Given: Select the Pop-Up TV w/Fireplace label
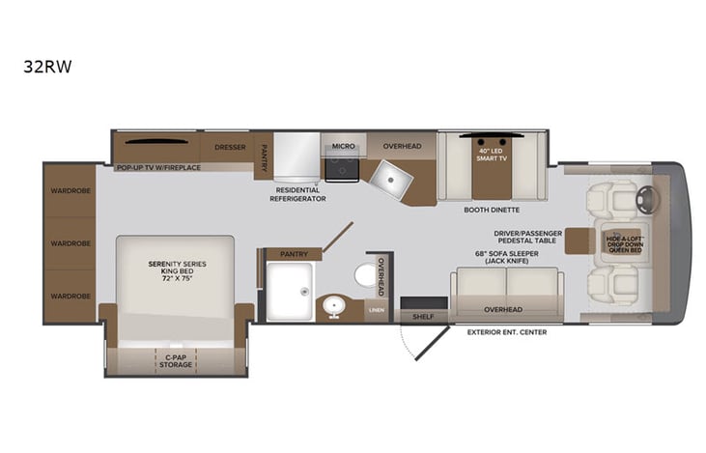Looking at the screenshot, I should (x=158, y=168).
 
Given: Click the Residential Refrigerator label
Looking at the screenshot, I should (x=299, y=194).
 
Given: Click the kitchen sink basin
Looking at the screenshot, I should (x=393, y=174).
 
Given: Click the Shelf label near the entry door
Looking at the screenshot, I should (x=422, y=316).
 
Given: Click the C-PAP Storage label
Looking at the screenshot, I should (x=174, y=362).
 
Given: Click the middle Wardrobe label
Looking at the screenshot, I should (x=70, y=242).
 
